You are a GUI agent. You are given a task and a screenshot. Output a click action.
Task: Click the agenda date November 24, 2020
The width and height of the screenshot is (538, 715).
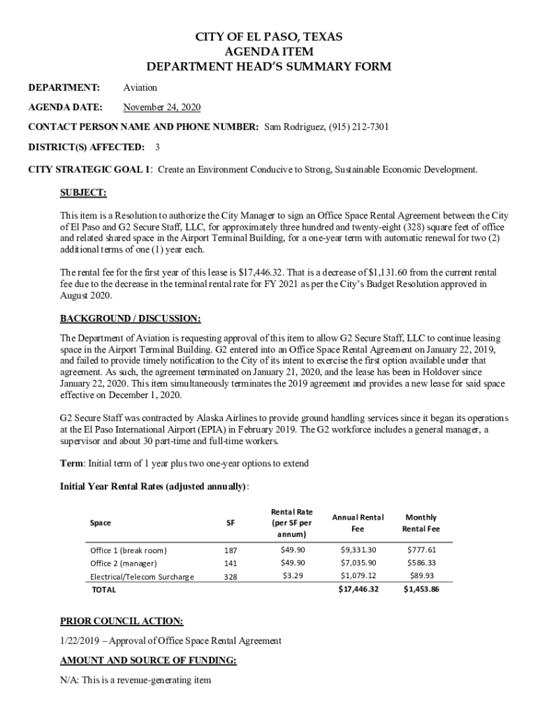point(161,108)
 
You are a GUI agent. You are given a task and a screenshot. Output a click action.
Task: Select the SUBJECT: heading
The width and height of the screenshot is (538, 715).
point(83,192)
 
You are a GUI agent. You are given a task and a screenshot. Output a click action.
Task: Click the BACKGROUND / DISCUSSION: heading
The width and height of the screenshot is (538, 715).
point(131,318)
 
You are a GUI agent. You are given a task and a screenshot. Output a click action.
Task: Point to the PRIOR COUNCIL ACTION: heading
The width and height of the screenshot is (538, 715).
point(122,620)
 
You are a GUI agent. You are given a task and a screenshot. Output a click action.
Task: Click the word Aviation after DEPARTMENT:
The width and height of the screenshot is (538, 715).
point(140,87)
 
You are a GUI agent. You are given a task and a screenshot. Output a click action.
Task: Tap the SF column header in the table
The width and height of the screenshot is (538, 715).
point(230,522)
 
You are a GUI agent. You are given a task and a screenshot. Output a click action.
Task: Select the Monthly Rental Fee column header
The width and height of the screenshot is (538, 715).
point(421,522)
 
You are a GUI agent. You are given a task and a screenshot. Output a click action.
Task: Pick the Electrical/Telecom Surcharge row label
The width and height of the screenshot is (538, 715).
point(142,577)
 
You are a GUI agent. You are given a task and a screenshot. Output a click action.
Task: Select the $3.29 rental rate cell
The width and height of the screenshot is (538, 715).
point(292,576)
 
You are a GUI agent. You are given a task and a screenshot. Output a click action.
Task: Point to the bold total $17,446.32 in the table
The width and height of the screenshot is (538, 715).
point(358,589)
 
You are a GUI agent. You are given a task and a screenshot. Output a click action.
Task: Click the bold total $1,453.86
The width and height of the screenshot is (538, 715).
point(421,589)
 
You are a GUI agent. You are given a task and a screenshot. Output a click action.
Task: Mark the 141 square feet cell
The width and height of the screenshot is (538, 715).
point(230,563)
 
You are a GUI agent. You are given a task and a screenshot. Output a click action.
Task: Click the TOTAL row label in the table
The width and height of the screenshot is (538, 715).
point(104,590)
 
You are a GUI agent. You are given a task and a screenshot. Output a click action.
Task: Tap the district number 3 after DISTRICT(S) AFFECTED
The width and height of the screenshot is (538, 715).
point(157,147)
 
